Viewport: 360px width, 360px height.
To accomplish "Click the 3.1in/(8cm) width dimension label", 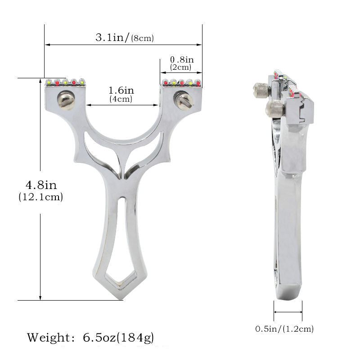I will tap(124, 38).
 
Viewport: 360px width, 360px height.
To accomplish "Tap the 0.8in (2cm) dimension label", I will tap(181, 63).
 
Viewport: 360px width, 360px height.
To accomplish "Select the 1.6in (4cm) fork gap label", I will tap(121, 94).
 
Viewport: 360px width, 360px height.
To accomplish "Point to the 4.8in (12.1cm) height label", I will tap(40, 190).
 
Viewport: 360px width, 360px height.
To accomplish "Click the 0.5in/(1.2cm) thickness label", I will tap(284, 329).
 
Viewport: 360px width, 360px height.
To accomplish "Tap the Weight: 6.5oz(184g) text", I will tap(90, 337).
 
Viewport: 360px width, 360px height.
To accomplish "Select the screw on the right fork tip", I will tap(184, 100).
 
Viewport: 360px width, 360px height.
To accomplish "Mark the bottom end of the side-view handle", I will tap(288, 292).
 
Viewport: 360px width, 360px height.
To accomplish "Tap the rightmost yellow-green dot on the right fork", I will tap(196, 82).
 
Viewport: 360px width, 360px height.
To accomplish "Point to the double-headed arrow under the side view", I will tap(288, 311).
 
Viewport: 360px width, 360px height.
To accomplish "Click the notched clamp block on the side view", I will tap(301, 110).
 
